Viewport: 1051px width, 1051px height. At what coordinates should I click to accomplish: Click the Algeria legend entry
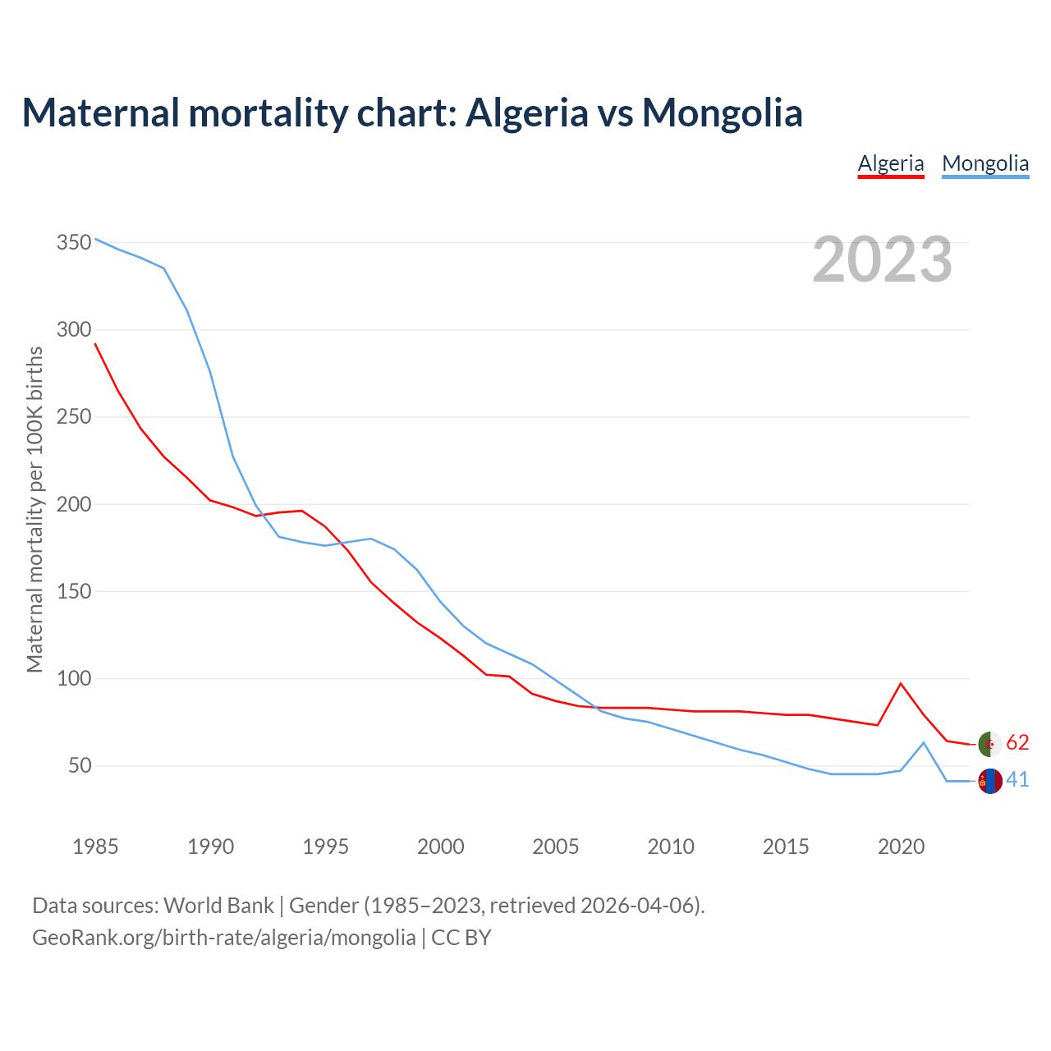pyautogui.click(x=891, y=163)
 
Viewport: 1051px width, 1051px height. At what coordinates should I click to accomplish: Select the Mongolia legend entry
pyautogui.click(x=985, y=163)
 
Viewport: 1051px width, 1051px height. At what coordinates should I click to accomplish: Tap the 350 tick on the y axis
pyautogui.click(x=73, y=242)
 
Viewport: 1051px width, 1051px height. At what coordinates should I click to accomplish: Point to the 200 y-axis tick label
pyautogui.click(x=73, y=503)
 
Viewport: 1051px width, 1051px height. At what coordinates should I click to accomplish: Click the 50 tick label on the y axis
pyautogui.click(x=79, y=765)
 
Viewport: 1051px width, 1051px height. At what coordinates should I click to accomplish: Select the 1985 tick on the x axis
pyautogui.click(x=95, y=846)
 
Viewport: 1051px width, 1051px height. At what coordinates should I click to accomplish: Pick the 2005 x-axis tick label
pyautogui.click(x=555, y=846)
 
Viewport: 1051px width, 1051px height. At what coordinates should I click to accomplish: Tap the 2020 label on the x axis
pyautogui.click(x=901, y=846)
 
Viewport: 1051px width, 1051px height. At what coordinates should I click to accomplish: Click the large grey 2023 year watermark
pyautogui.click(x=882, y=259)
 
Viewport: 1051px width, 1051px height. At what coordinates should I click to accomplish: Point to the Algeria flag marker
pyautogui.click(x=990, y=743)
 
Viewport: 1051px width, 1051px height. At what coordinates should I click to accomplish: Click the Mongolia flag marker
pyautogui.click(x=990, y=781)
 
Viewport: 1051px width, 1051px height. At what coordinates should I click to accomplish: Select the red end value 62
pyautogui.click(x=1017, y=742)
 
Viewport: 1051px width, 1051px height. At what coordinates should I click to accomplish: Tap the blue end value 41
pyautogui.click(x=1017, y=779)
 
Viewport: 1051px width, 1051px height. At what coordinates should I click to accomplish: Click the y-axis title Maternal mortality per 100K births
pyautogui.click(x=34, y=509)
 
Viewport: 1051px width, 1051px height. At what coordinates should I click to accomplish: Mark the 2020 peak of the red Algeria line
pyautogui.click(x=901, y=683)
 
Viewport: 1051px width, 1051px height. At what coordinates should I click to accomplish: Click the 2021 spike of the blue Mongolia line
pyautogui.click(x=924, y=743)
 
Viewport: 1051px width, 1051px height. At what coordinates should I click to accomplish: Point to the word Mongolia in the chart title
pyautogui.click(x=722, y=112)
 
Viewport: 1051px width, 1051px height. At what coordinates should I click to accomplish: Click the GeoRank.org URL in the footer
pyautogui.click(x=223, y=937)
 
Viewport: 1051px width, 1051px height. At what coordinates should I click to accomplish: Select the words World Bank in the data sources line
pyautogui.click(x=218, y=905)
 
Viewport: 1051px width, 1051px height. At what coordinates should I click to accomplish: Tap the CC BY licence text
pyautogui.click(x=461, y=937)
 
